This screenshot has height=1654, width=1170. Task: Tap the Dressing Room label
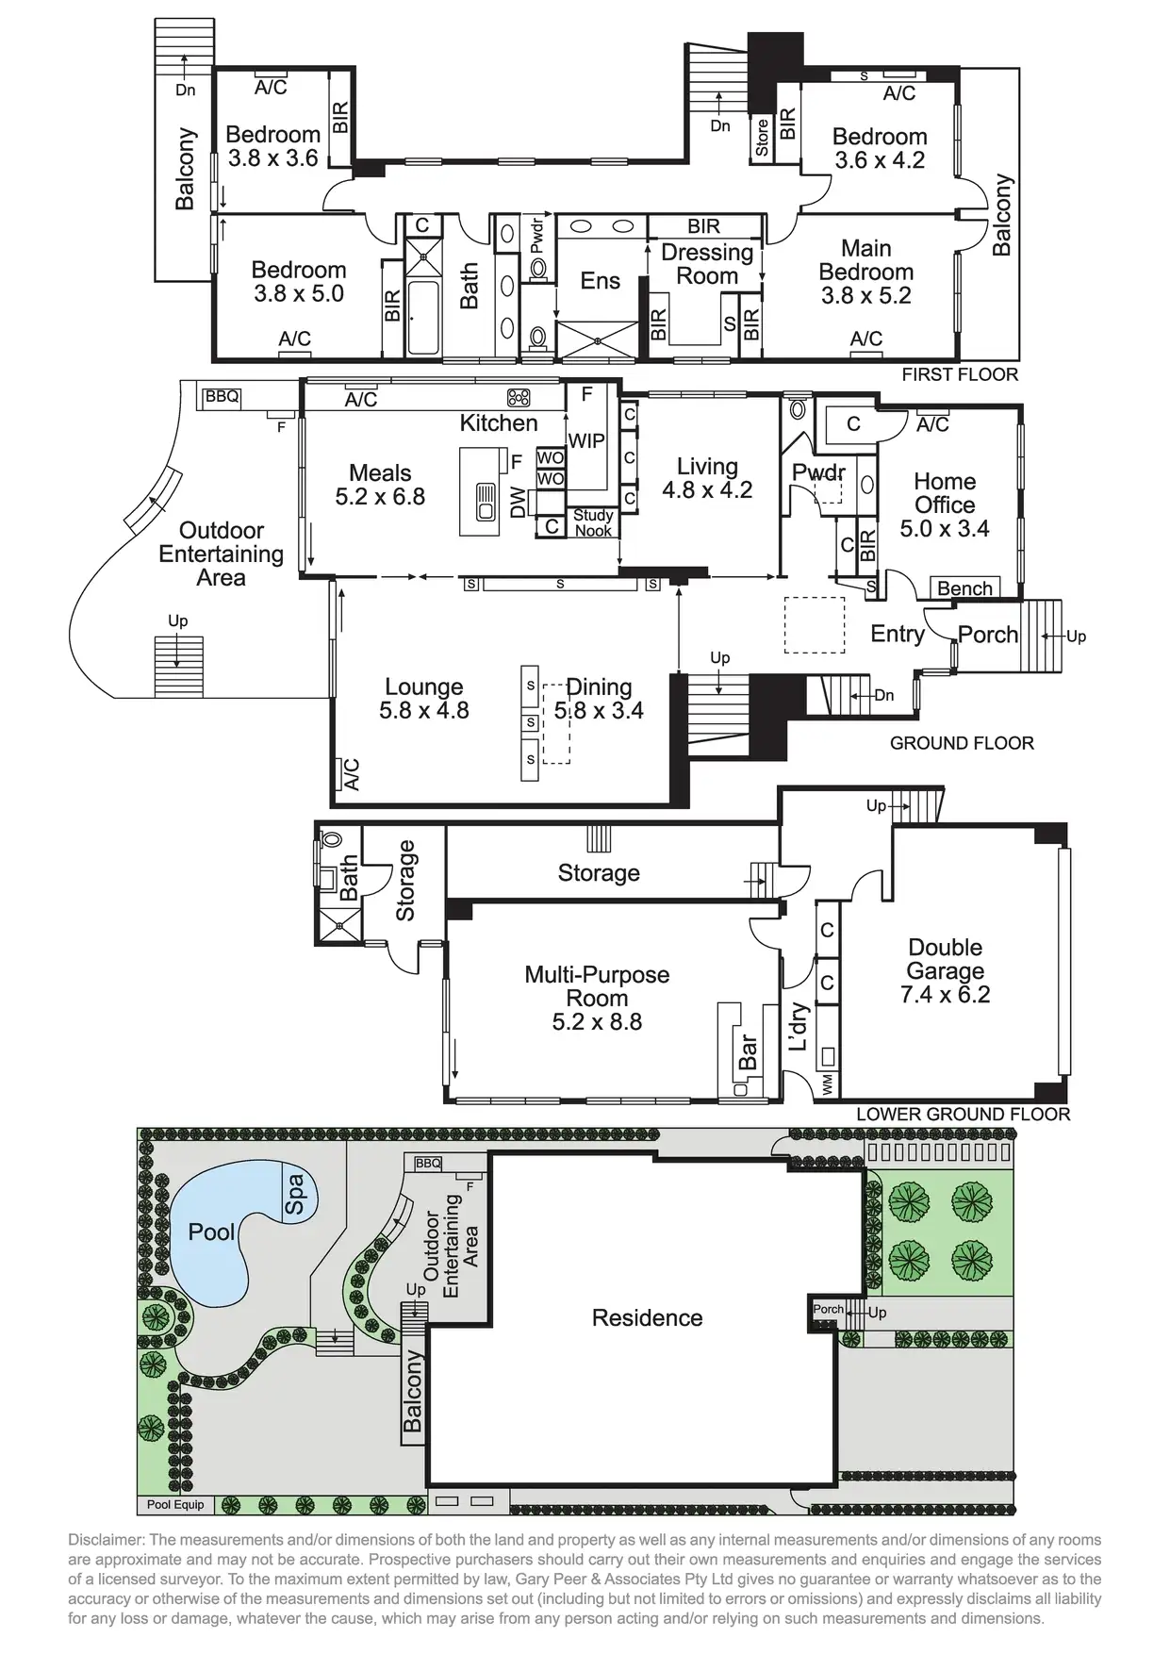point(707,264)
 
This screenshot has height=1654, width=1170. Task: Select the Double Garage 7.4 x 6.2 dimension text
point(945,995)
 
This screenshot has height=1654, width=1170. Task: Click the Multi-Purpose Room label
point(597,986)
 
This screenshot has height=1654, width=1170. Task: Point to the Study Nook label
point(593,522)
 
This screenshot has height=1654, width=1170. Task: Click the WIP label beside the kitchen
point(585,440)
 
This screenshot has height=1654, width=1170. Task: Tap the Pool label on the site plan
point(211,1232)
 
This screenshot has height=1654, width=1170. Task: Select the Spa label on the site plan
point(295,1194)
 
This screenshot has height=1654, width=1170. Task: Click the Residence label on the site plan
point(647,1317)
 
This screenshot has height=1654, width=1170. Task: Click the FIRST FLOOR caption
point(959,374)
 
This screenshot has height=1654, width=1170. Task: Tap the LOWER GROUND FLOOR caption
point(963,1114)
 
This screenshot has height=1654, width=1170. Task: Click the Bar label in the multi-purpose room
point(748,1052)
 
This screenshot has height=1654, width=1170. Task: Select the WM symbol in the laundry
point(828,1084)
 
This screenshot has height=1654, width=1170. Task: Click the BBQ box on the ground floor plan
point(222,397)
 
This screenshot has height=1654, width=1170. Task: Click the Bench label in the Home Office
point(964,588)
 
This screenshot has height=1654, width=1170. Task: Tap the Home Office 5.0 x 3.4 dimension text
point(944,529)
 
